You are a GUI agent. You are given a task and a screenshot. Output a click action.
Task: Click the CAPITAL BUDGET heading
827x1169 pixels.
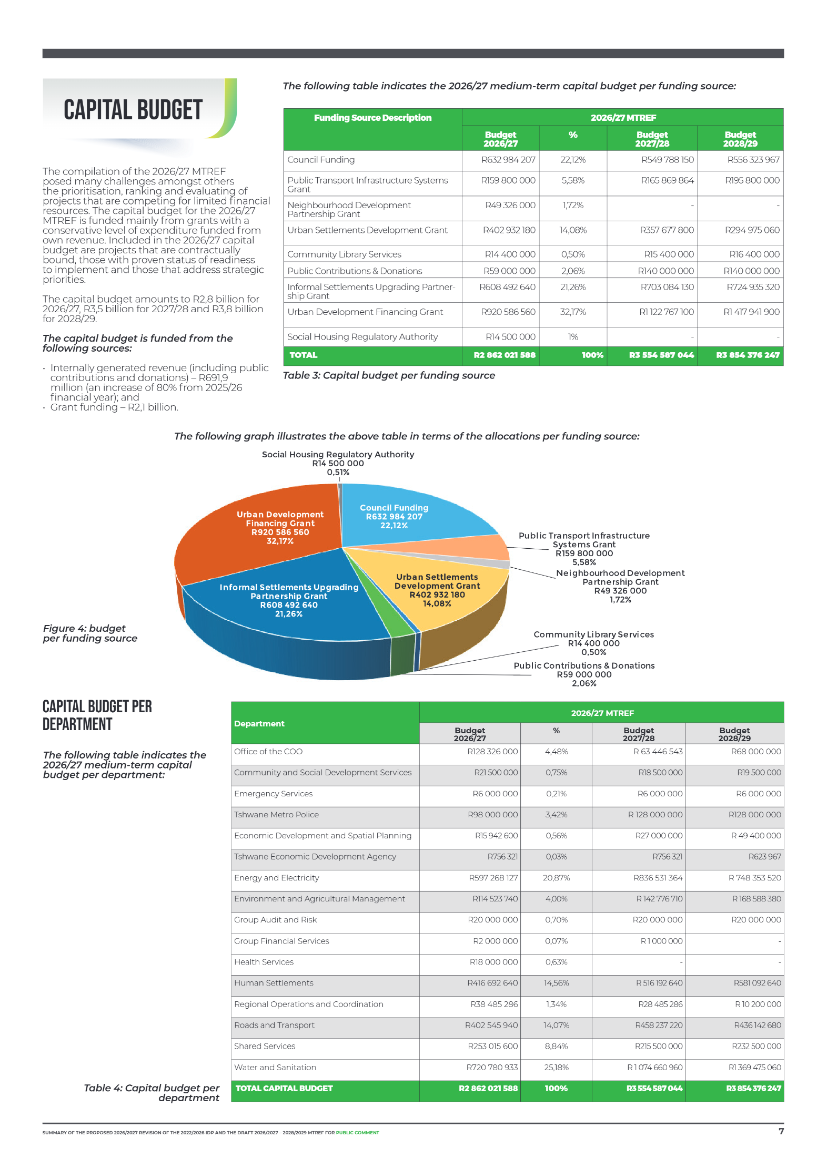[133, 110]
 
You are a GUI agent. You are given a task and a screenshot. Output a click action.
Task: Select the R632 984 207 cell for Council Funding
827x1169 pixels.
[508, 160]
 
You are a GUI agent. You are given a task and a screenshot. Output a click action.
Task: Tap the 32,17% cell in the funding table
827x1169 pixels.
[572, 312]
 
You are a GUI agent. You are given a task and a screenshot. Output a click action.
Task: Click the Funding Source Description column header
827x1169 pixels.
[372, 118]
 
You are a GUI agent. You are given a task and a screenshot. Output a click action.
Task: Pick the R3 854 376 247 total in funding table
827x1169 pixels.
[747, 355]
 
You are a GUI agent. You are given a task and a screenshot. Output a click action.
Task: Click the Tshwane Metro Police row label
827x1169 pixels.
[276, 815]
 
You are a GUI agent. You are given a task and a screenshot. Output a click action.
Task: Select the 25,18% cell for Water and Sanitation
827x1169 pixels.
[556, 1068]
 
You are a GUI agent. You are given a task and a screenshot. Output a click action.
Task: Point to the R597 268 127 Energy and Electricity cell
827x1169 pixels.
[493, 878]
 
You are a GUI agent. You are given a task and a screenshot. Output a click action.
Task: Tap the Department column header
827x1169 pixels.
[259, 724]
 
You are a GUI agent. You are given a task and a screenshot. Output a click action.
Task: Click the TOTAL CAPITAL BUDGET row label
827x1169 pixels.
[284, 1089]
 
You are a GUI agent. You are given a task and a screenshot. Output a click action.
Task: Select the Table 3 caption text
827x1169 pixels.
[389, 375]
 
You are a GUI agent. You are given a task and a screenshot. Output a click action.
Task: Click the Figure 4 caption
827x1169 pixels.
[90, 633]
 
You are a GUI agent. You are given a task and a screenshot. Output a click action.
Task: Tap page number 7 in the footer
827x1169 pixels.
[781, 1131]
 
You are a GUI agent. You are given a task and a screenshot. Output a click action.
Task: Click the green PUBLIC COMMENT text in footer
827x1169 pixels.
[357, 1133]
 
